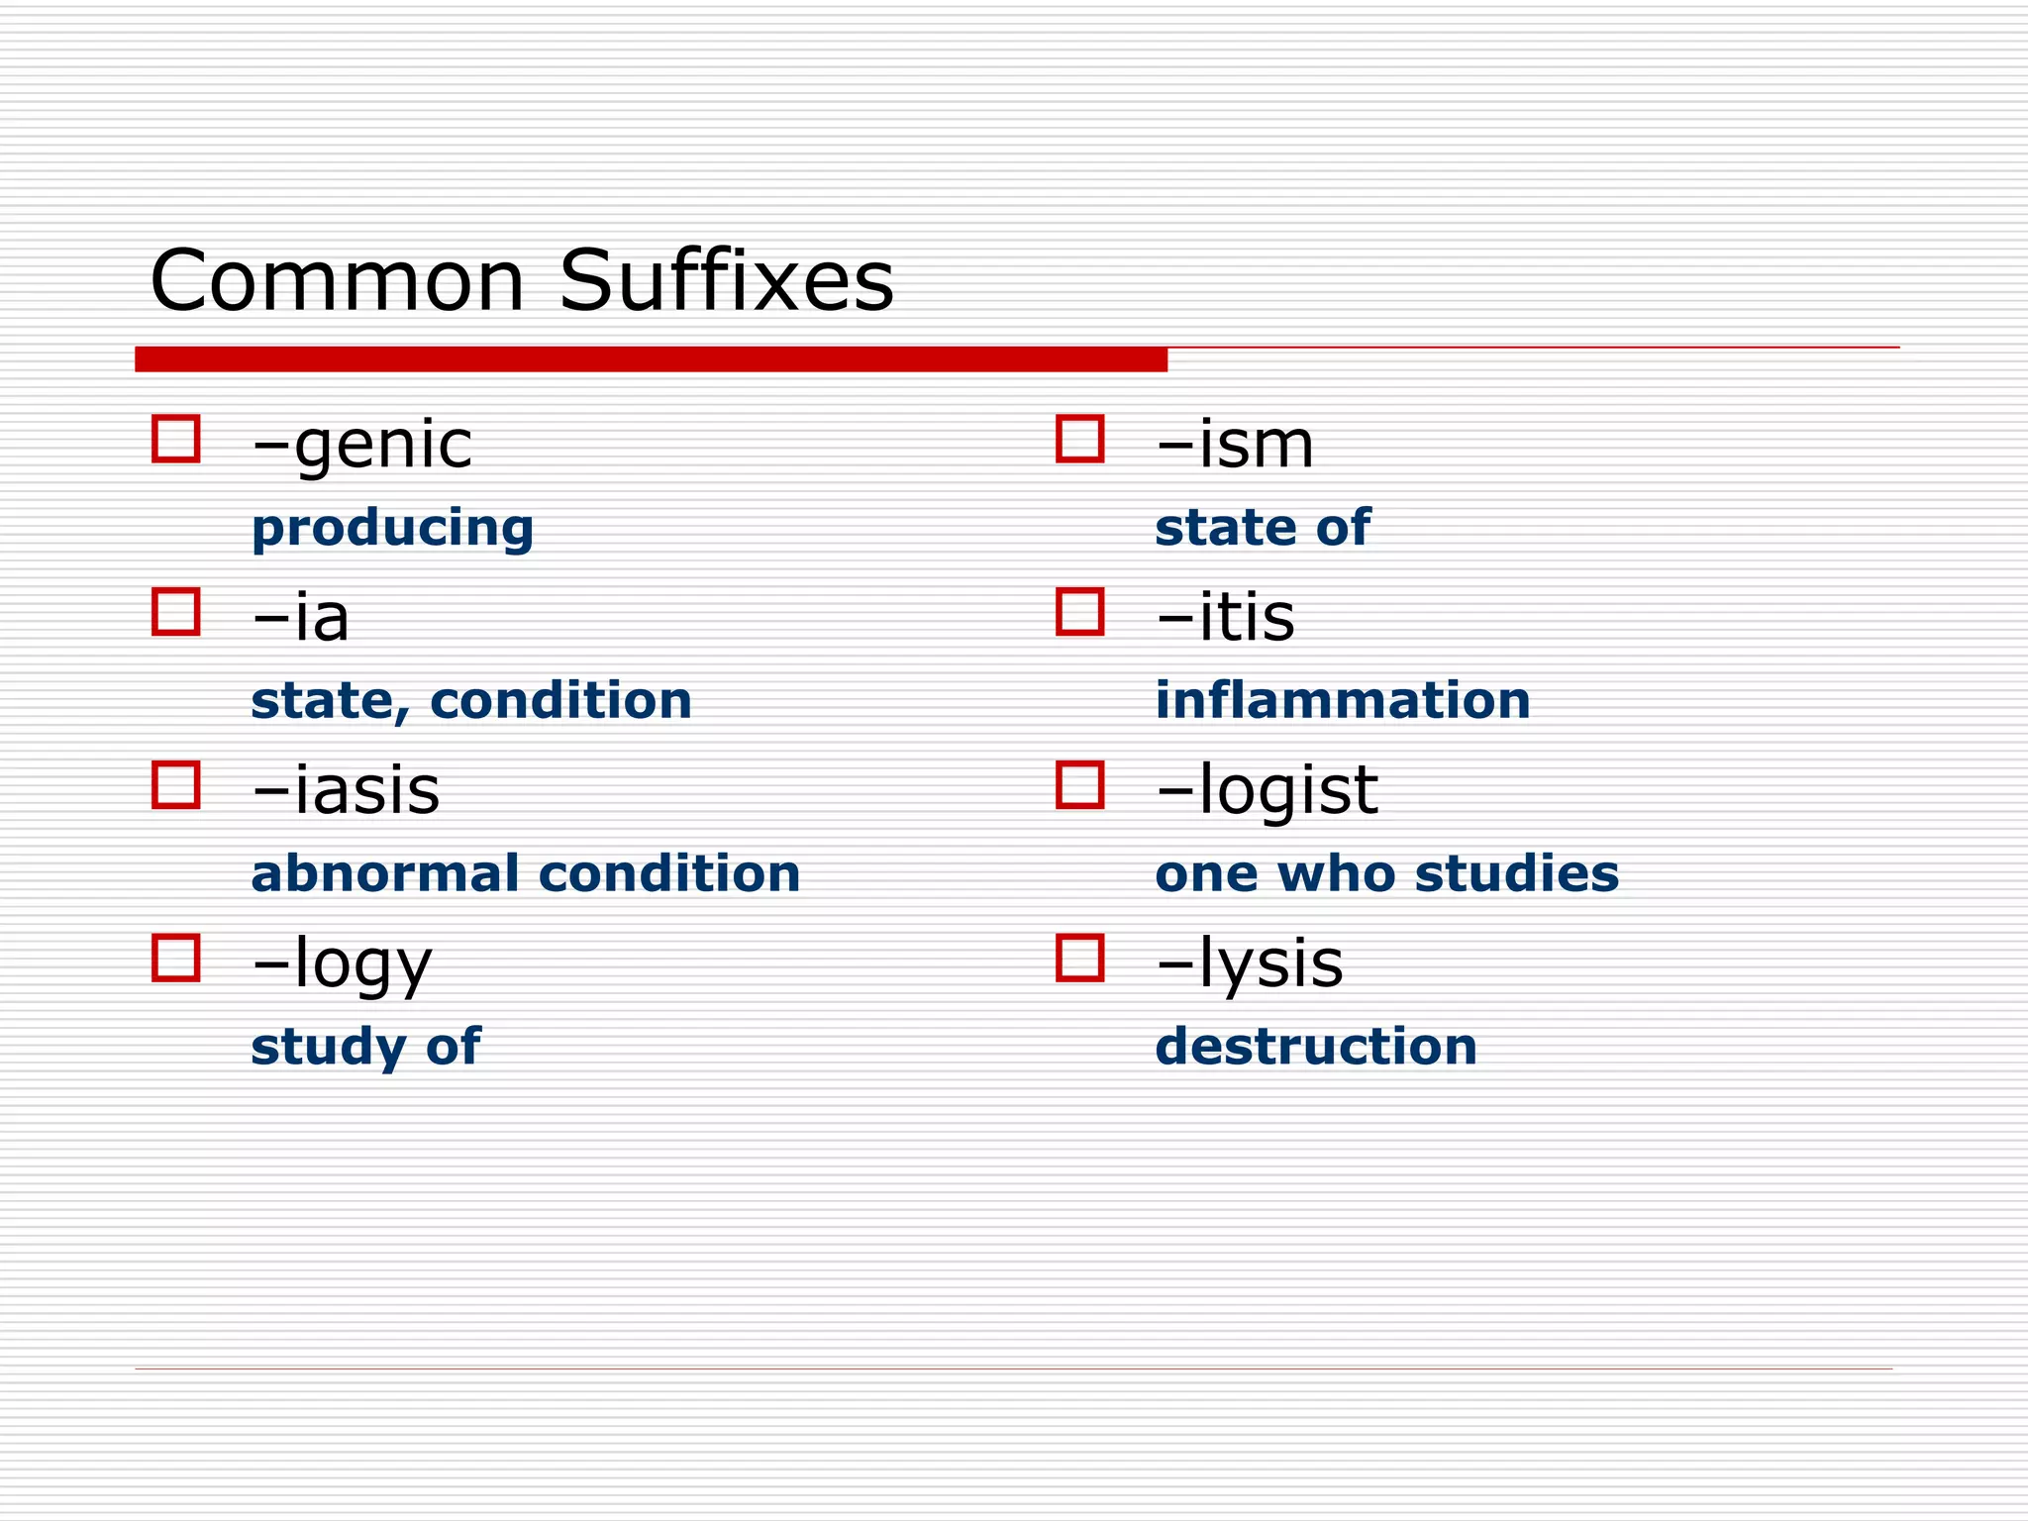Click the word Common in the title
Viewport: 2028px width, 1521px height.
(337, 281)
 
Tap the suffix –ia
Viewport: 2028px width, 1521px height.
(301, 618)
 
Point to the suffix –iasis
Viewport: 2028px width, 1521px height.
(346, 791)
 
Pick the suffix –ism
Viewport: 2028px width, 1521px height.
(1235, 445)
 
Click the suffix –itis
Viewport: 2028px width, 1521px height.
(1225, 618)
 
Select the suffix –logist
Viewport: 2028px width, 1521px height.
(1267, 791)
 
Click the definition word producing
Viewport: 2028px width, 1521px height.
(392, 528)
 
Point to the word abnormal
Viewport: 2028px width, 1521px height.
(385, 873)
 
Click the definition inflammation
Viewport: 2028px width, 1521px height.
(1343, 700)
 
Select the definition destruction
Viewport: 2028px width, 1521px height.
(1316, 1047)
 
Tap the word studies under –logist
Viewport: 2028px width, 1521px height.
(1517, 873)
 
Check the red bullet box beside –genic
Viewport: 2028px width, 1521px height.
(176, 439)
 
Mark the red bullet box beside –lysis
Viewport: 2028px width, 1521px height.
(1080, 959)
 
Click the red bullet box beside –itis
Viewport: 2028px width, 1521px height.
(1080, 612)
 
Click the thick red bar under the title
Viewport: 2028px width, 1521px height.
(651, 359)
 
